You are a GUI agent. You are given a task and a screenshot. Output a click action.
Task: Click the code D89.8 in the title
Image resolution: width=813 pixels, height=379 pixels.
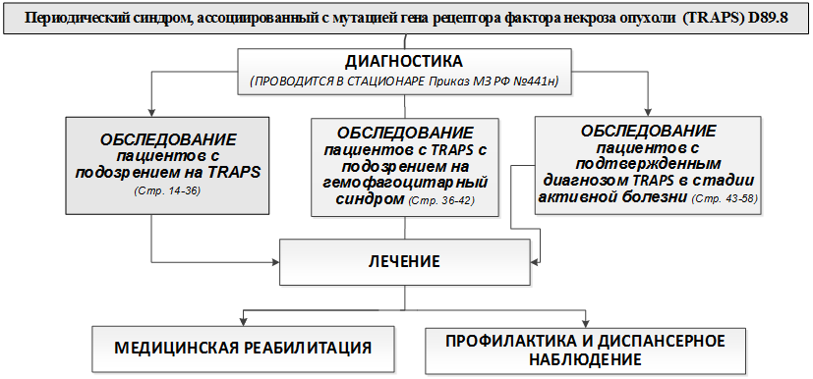click(x=766, y=17)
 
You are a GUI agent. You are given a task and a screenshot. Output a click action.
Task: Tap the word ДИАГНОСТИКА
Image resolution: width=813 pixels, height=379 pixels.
click(x=404, y=61)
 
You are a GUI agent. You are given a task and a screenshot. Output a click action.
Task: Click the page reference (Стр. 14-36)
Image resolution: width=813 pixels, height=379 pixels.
click(x=167, y=190)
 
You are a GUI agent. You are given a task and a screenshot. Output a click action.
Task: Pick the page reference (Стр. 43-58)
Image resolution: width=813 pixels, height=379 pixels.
click(x=726, y=198)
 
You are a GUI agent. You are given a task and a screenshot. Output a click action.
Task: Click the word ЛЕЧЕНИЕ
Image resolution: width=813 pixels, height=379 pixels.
click(x=404, y=261)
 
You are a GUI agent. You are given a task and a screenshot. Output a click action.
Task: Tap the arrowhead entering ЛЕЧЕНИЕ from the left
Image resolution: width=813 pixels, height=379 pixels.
click(x=276, y=260)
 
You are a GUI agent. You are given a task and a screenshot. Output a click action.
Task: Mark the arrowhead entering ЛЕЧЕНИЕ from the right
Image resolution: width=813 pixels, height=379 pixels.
click(x=534, y=260)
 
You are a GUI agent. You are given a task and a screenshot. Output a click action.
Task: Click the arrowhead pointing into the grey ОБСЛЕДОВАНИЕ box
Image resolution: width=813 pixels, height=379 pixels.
click(x=150, y=112)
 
